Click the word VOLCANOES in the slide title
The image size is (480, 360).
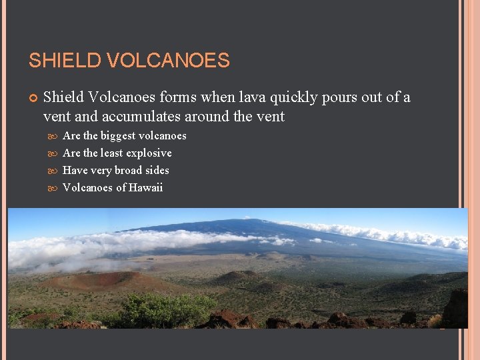pos(168,61)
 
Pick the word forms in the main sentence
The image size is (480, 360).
pos(177,97)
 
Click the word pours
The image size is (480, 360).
pos(344,97)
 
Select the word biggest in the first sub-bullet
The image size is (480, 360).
pos(119,136)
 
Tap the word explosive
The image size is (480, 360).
pos(147,153)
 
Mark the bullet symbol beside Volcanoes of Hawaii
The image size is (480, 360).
pos(55,188)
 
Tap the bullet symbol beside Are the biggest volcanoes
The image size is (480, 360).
pos(55,136)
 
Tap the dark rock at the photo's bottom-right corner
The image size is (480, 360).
pos(456,310)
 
